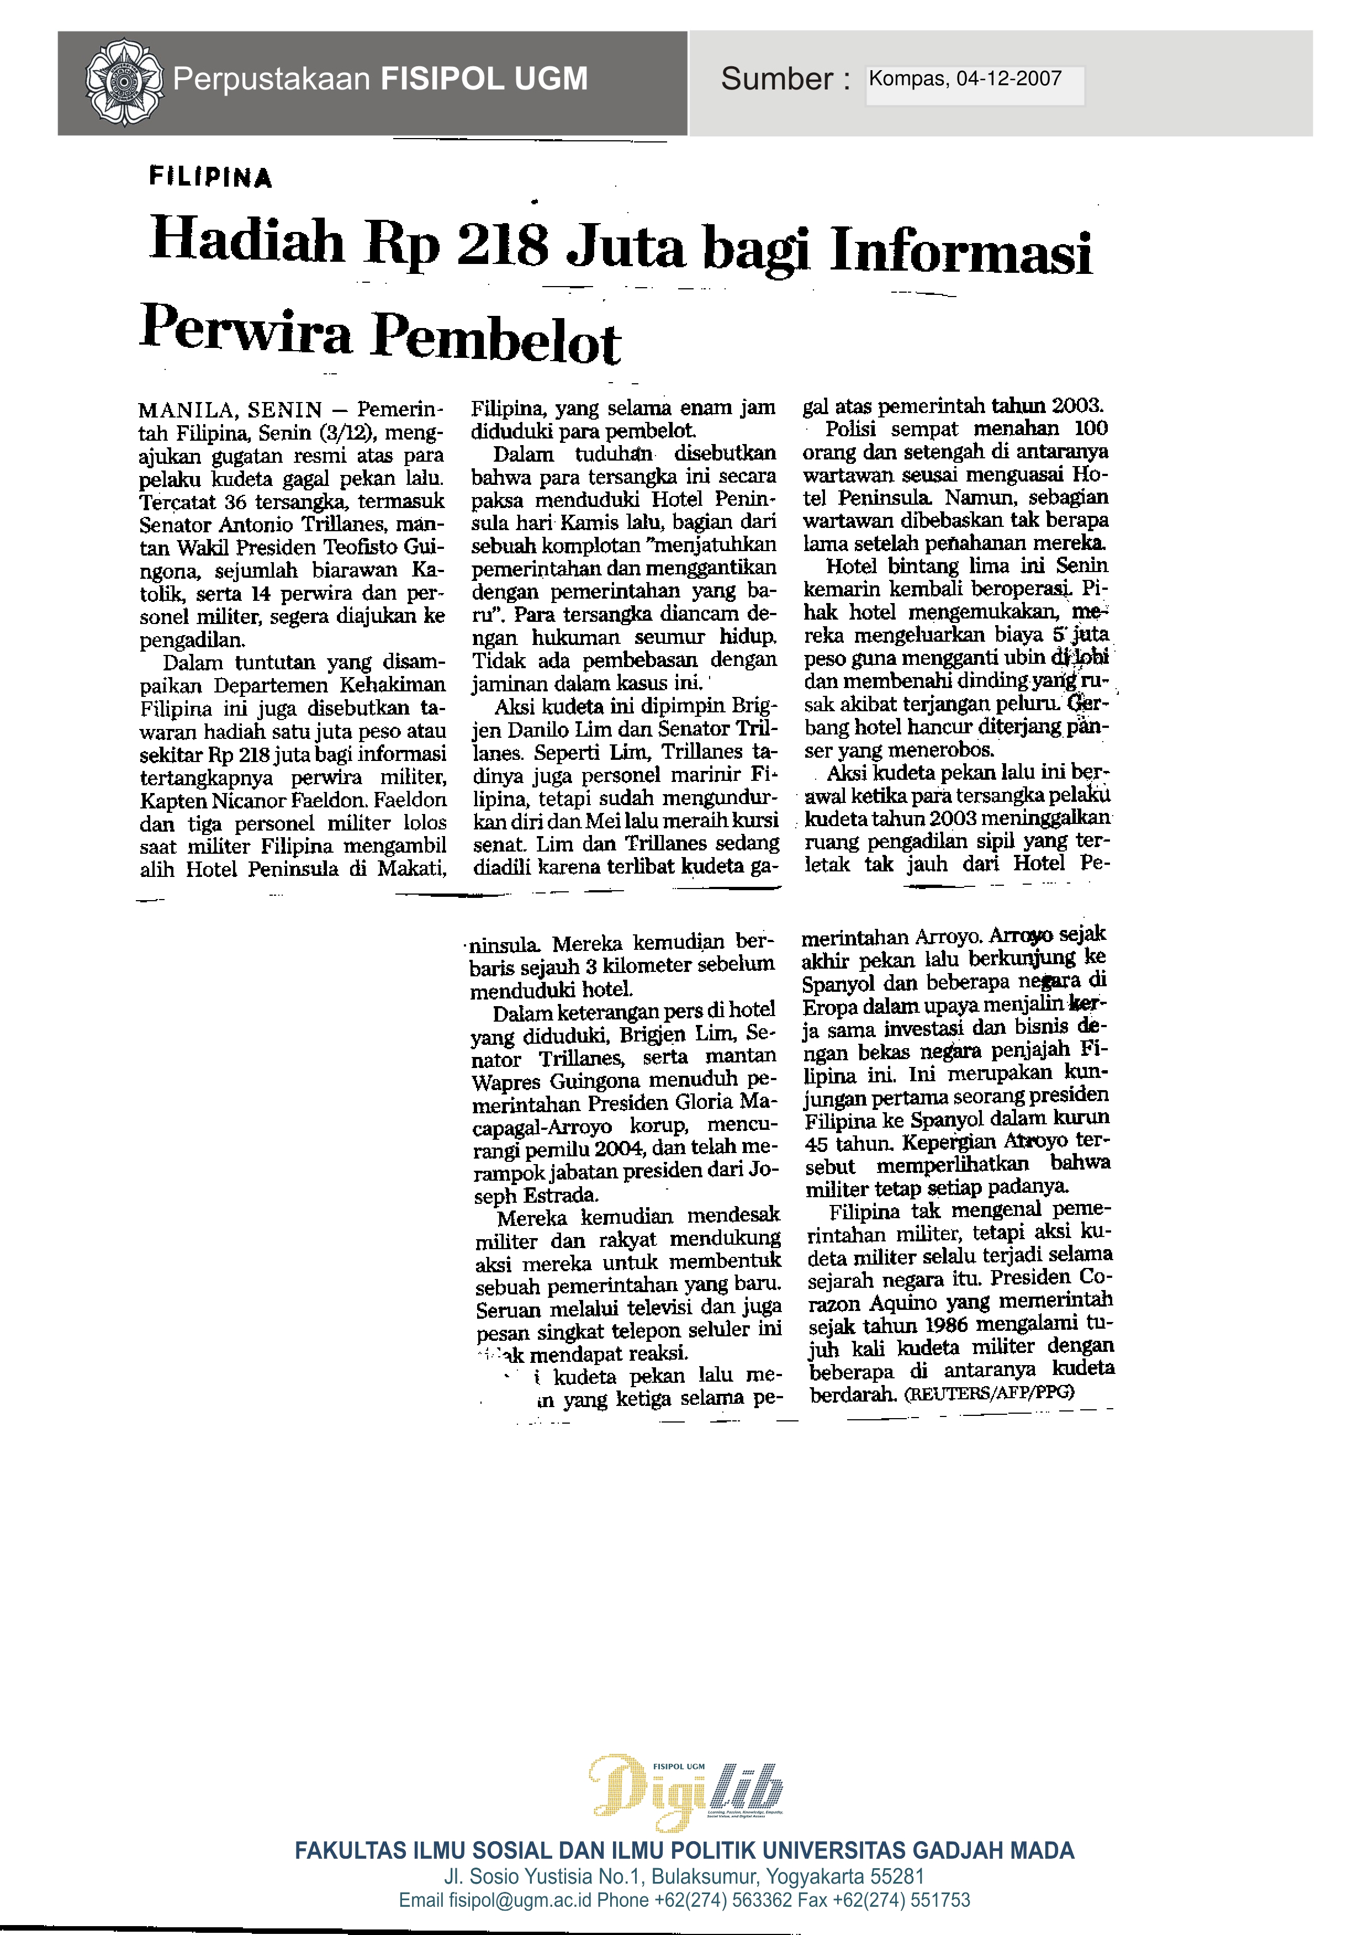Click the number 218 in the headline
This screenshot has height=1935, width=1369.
coord(503,245)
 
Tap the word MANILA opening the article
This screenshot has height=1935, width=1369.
coord(186,410)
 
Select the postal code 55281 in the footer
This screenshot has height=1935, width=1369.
coord(897,1877)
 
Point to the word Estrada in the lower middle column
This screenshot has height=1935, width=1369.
coord(562,1195)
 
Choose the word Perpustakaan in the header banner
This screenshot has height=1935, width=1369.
coord(272,79)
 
